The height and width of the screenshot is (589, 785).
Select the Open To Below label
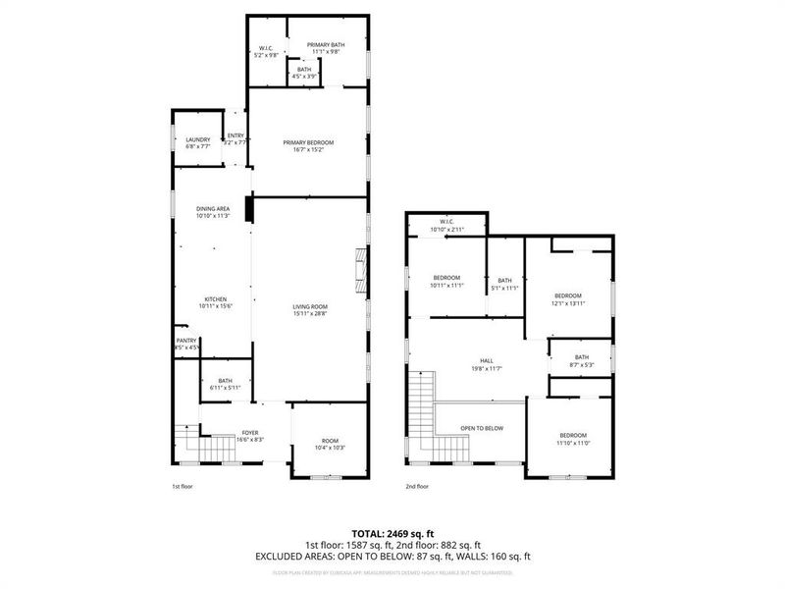(x=482, y=428)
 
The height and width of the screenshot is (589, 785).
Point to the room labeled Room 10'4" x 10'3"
(x=330, y=444)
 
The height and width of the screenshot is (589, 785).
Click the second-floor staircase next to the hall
(x=421, y=402)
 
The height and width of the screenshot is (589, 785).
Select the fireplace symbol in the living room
(x=361, y=267)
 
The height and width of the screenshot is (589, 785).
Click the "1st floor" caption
(x=183, y=486)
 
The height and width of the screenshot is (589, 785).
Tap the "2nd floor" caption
(x=417, y=486)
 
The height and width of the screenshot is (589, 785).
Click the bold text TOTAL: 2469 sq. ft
(x=392, y=532)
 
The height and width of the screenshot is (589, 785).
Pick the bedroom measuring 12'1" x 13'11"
(x=568, y=299)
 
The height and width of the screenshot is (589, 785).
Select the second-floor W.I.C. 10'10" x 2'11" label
(x=446, y=225)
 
